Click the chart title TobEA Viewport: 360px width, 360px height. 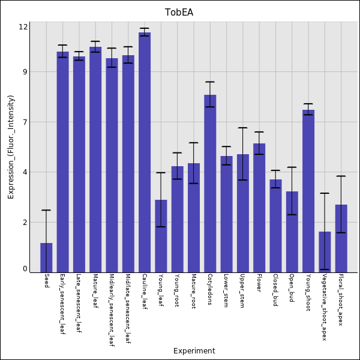point(179,13)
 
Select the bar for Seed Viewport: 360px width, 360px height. point(46,258)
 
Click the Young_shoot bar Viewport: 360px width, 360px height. point(308,191)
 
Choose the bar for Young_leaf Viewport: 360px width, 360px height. point(161,236)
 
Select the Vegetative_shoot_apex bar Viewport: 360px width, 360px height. point(325,252)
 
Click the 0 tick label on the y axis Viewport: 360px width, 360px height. point(25,269)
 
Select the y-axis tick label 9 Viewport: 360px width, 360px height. point(25,72)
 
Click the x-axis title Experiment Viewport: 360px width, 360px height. point(194,351)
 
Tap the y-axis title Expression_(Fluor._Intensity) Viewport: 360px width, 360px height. point(11,147)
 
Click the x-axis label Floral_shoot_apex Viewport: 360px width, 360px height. point(341,299)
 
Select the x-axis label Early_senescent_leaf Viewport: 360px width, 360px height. point(62,304)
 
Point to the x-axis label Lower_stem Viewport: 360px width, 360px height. point(226,291)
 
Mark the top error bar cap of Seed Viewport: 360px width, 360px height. point(46,210)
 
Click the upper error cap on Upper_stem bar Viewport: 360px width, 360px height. point(242,128)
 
